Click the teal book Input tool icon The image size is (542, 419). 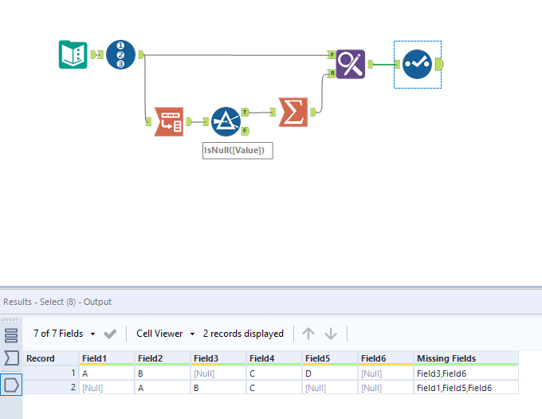point(73,54)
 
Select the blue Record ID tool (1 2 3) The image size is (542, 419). point(120,54)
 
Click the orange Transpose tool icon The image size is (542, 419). point(168,121)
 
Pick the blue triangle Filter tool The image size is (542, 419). point(226,121)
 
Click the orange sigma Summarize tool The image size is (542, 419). point(293,112)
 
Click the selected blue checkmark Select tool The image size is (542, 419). point(417,64)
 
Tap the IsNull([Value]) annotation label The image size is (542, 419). point(238,150)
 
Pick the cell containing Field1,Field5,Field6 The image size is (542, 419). point(454,387)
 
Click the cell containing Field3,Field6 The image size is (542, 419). point(440,373)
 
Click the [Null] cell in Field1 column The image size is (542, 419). point(94,387)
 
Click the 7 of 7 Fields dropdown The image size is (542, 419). point(65,334)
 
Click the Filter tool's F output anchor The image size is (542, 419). point(245,131)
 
